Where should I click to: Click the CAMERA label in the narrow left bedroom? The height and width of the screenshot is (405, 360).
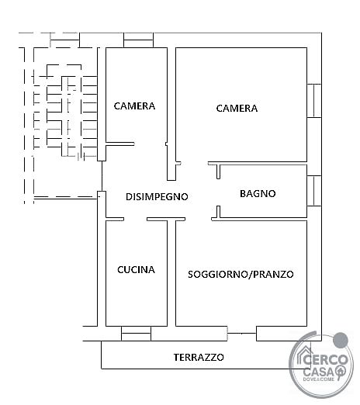[x=134, y=106]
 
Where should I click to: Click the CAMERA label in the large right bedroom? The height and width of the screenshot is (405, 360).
[x=237, y=108]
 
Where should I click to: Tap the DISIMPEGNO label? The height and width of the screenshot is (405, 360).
[x=157, y=197]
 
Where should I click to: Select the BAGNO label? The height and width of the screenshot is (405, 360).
[x=258, y=194]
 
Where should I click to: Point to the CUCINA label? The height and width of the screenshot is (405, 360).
[x=136, y=270]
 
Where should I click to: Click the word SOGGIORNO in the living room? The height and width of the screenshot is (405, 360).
[x=218, y=274]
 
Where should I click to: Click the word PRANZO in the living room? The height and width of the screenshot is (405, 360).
[x=273, y=274]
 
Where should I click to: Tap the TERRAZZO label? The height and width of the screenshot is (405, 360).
[x=199, y=357]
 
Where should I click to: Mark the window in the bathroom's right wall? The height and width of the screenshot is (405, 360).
[x=314, y=191]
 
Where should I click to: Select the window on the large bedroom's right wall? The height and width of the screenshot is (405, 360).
[x=314, y=101]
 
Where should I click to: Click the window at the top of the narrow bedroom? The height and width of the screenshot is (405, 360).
[x=138, y=40]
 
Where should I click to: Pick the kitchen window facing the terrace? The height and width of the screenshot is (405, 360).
[x=136, y=334]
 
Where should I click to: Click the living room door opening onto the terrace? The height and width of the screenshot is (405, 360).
[x=242, y=334]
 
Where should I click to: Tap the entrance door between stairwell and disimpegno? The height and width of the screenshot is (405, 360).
[x=102, y=176]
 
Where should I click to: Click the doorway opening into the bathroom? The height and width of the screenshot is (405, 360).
[x=219, y=192]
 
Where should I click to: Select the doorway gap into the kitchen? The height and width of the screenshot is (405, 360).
[x=135, y=219]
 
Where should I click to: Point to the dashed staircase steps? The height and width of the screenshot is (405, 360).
[x=65, y=112]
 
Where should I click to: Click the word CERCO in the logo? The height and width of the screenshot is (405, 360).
[x=325, y=360]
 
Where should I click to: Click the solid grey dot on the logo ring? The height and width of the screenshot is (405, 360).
[x=341, y=340]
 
